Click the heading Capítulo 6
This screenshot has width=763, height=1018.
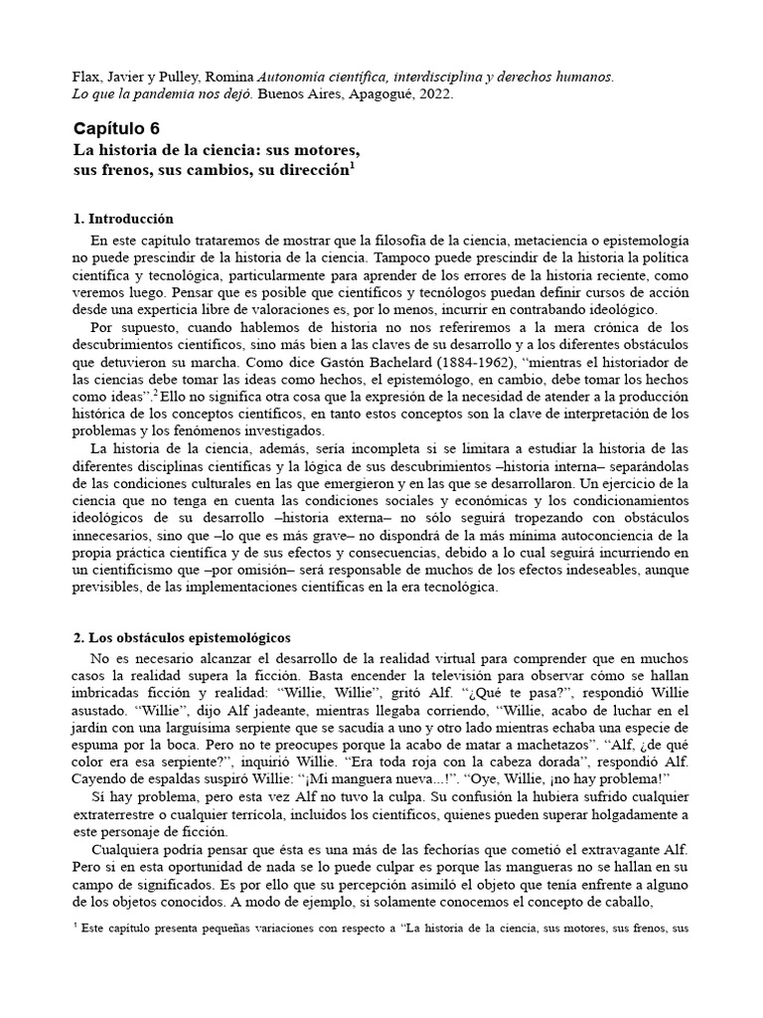pos(116,128)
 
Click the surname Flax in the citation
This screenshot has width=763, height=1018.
pos(89,76)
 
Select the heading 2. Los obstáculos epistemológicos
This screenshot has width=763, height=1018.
pos(182,636)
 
